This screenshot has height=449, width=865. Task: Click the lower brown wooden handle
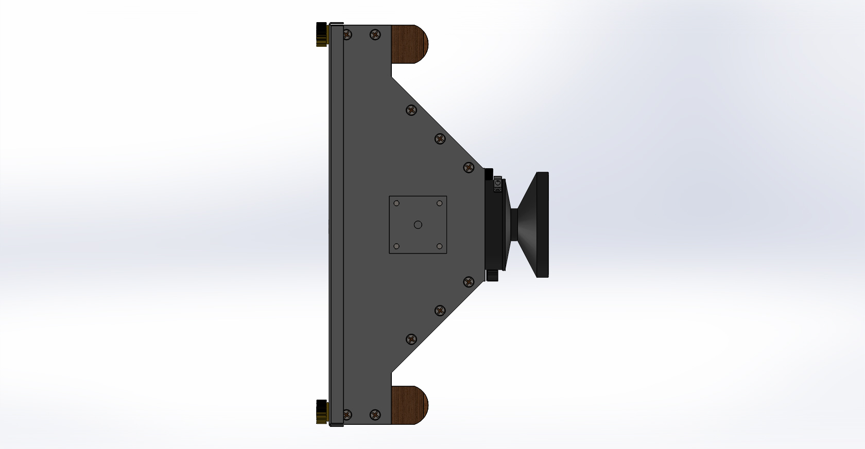410,405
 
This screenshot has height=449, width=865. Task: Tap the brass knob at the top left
322,34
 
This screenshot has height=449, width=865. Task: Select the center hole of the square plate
418,225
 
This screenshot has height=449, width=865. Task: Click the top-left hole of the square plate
396,203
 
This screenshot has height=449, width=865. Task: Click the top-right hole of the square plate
439,203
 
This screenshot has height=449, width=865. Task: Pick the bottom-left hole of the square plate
396,246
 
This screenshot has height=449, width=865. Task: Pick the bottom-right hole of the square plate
439,246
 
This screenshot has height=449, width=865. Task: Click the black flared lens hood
533,225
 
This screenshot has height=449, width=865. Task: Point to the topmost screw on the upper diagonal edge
411,110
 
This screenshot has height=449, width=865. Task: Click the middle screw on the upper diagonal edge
440,138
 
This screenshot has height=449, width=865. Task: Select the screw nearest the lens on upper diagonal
469,167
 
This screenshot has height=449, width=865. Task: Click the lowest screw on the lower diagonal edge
411,339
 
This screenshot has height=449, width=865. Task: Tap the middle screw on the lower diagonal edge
440,310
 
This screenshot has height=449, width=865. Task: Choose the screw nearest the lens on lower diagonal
469,281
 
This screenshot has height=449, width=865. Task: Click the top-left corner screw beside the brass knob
347,35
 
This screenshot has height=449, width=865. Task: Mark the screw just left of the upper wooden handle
376,35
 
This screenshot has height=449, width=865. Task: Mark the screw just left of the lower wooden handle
376,414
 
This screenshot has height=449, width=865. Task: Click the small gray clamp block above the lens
497,184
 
